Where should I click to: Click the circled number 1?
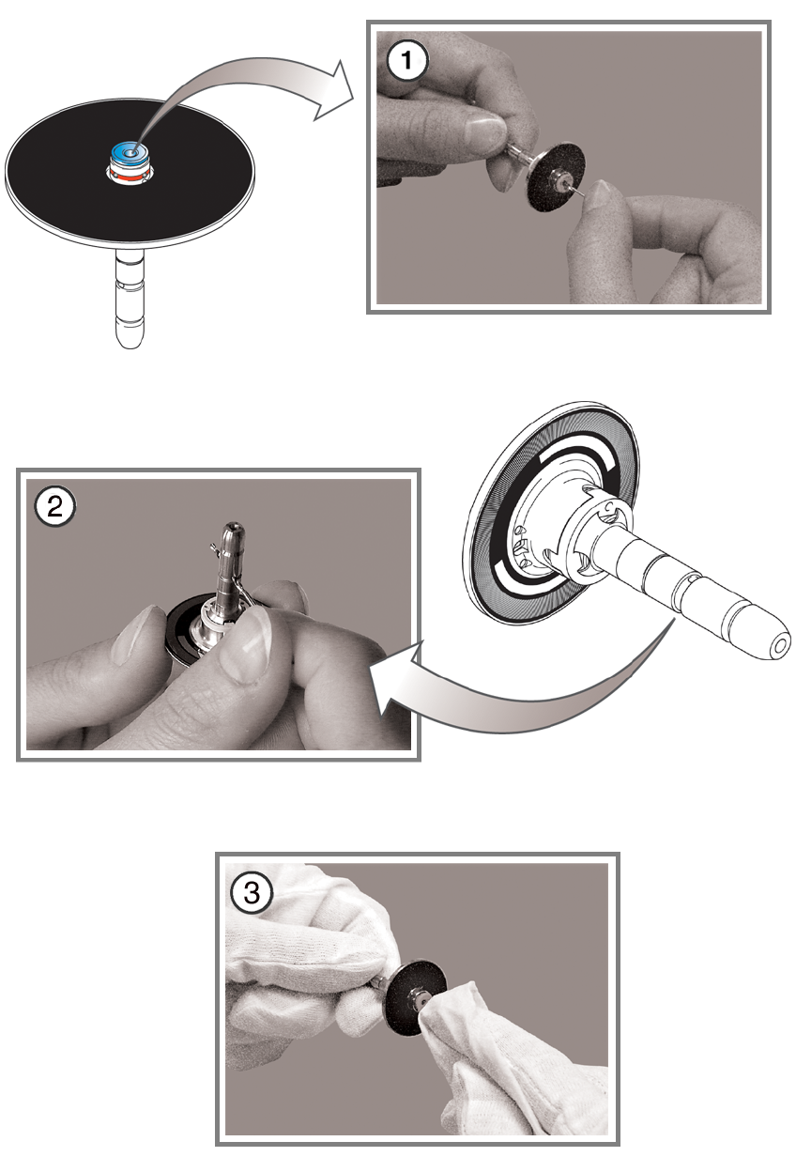coord(406,61)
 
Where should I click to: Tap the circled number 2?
coord(55,507)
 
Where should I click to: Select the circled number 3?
coord(253,892)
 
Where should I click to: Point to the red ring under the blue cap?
coord(129,177)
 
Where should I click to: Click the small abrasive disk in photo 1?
coord(555,177)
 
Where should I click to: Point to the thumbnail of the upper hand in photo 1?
coord(484,132)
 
